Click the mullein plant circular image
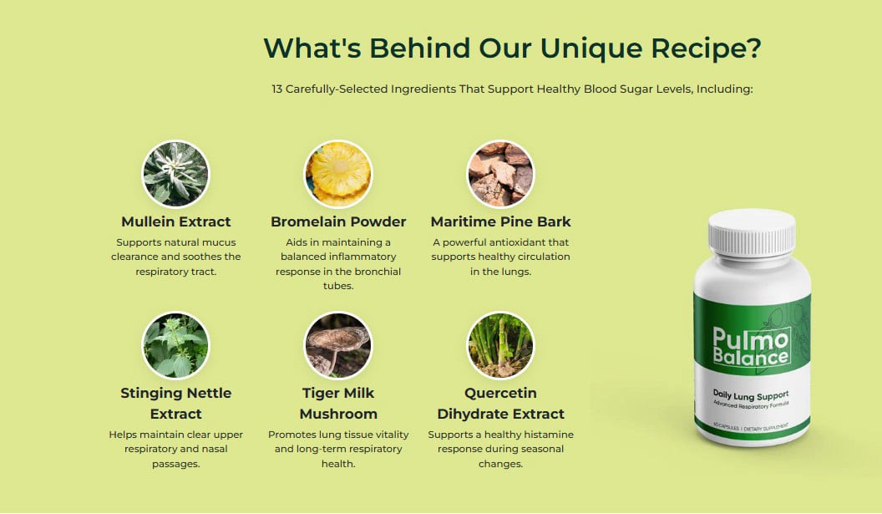pos(175,174)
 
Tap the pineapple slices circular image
pos(337,174)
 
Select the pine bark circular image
pos(500,174)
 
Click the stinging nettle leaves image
pos(175,346)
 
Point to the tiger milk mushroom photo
pos(337,346)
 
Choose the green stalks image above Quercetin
pos(500,346)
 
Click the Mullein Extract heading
pos(175,221)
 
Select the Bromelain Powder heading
pos(338,221)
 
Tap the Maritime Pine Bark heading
pos(500,221)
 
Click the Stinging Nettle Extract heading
pos(175,403)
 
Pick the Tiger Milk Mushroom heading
pos(338,403)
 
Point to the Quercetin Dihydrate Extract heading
pos(500,403)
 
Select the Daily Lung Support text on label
pos(751,394)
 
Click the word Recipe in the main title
pos(708,48)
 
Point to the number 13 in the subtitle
pos(277,89)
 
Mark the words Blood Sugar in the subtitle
pos(596,89)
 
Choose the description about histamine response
pos(500,449)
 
